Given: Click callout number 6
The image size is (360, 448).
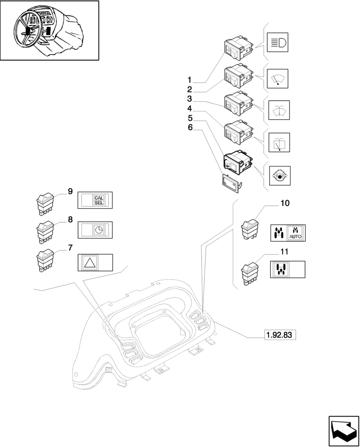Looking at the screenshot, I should [190, 128].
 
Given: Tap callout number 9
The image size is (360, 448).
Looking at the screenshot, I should [70, 191].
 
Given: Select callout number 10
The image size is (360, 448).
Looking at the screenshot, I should [285, 203].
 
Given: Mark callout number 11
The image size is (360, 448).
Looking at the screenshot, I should [285, 252].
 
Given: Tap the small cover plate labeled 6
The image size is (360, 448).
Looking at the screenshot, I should [231, 182].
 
